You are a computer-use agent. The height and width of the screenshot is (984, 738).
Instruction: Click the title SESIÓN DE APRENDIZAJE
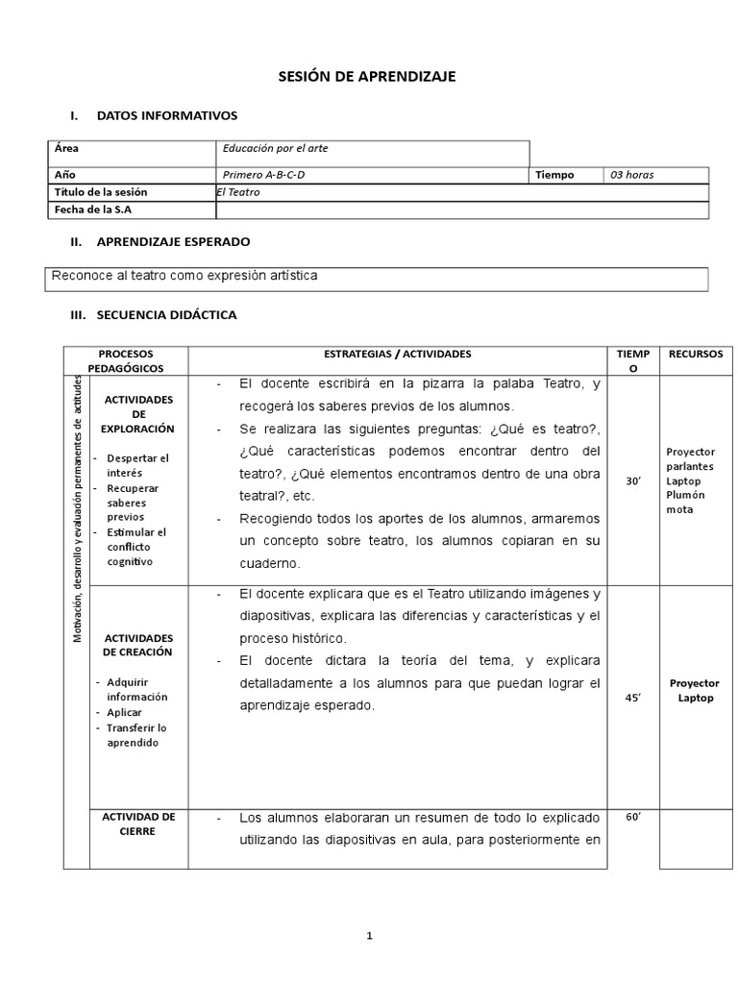pos(367,77)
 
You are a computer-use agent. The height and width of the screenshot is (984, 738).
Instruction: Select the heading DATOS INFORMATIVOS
pos(166,115)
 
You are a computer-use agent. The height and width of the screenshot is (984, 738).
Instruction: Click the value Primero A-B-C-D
pos(269,175)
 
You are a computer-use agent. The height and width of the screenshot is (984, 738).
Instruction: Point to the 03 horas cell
pos(631,175)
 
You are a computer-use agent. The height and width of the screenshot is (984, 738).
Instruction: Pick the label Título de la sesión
pos(101,192)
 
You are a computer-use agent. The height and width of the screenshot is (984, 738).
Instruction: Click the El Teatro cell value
pos(238,192)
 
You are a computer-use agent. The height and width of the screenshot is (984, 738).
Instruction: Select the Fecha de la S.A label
pos(93,209)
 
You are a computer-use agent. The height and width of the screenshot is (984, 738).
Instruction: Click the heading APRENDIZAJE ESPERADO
pos(173,241)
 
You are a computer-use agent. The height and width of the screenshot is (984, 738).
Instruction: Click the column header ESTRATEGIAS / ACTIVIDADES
pos(397,355)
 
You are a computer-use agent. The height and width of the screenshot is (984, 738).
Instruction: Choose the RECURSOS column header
pos(696,355)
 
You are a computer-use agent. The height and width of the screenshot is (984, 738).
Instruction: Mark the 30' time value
pos(633,480)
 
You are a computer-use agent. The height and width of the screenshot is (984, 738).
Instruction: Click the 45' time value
pos(633,699)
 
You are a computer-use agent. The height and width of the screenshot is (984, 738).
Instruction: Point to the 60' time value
pos(633,817)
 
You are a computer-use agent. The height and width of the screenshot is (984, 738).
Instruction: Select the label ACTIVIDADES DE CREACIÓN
pos(137,645)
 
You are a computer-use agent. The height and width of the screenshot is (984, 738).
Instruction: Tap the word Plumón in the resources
pos(685,495)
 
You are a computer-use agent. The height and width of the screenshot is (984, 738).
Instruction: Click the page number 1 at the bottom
pos(369,938)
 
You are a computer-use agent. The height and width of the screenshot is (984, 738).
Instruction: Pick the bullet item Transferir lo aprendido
pos(137,735)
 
